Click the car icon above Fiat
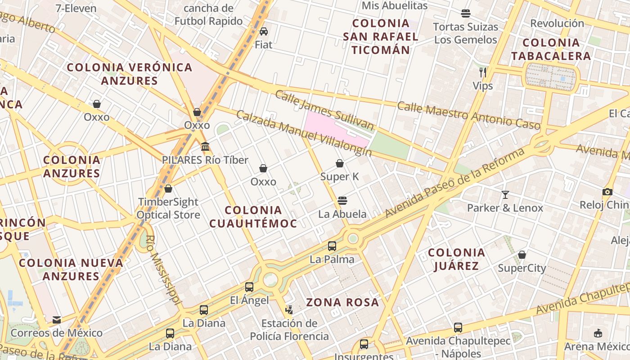[x=264, y=31]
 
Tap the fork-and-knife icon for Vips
[x=483, y=72]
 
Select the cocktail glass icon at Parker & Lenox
[x=505, y=194]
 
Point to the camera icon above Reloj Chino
[x=607, y=192]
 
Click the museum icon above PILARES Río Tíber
[x=205, y=147]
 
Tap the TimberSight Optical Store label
[x=168, y=208]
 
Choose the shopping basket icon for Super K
[x=340, y=163]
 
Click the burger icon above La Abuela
[x=342, y=200]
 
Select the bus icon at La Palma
[x=332, y=246]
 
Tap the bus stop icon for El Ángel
[x=249, y=287]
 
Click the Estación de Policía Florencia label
[x=289, y=329]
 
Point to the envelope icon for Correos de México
[x=57, y=319]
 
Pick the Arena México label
[x=603, y=346]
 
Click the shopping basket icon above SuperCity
[x=522, y=255]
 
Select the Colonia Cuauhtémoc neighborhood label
[x=253, y=216]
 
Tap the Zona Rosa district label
[x=342, y=302]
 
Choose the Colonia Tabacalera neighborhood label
[x=551, y=49]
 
